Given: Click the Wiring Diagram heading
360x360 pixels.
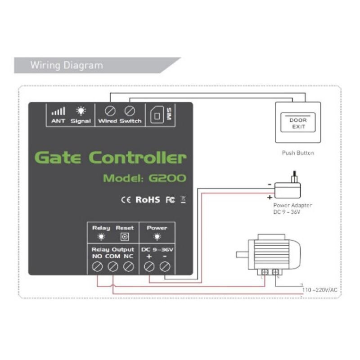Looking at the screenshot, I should click(67, 65).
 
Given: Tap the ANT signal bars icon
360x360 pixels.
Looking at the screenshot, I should click(58, 111).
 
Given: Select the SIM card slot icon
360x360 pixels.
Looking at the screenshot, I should click(157, 115).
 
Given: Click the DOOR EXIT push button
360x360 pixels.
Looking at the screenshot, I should click(297, 123).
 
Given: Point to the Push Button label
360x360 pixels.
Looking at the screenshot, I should click(297, 153).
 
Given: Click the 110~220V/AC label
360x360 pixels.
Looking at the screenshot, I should click(320, 290).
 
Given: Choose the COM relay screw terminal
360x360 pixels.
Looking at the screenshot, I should click(112, 267).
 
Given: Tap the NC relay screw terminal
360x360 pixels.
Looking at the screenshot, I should click(128, 267).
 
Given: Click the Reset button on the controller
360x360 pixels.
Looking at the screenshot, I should click(125, 237).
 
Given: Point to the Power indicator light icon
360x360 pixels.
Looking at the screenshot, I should click(157, 237).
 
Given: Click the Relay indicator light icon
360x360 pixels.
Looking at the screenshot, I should click(101, 237).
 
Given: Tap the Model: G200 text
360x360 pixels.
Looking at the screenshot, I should click(144, 178).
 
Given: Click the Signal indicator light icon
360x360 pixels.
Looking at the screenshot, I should click(81, 111).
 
